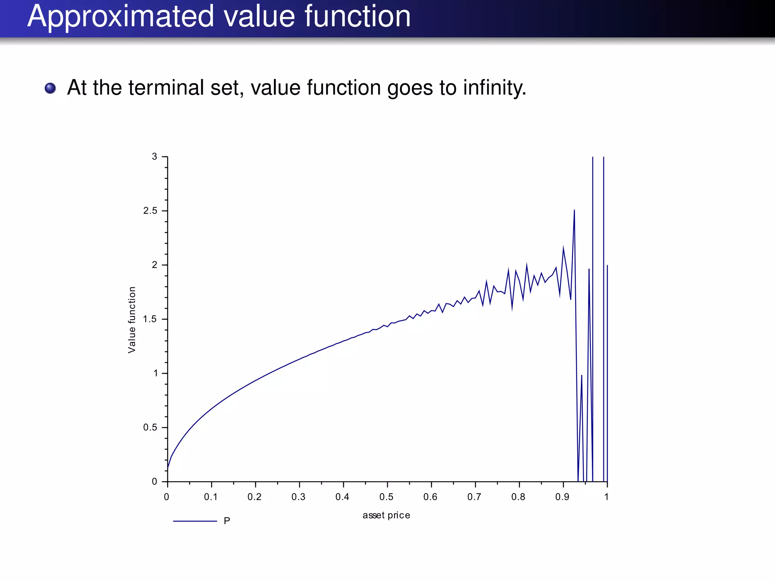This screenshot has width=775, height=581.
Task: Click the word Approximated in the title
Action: coord(120,17)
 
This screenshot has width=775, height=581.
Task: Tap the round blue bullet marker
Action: coord(50,88)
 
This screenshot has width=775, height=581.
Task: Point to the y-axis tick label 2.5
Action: coord(150,211)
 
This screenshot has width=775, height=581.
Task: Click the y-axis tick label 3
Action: coord(154,157)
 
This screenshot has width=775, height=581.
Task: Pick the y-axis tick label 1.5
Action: coord(150,319)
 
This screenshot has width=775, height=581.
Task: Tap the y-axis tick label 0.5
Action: coord(150,427)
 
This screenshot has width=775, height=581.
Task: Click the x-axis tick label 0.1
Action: coord(211,497)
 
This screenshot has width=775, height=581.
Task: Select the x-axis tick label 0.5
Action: coord(386,497)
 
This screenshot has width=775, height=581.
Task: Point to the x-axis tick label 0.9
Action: coord(562,497)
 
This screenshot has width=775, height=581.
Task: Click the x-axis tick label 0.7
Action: coord(474,497)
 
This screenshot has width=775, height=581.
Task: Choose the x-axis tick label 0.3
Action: coord(299,497)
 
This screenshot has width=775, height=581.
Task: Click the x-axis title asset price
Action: coord(386,515)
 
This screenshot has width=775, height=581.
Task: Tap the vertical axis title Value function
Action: coord(132,320)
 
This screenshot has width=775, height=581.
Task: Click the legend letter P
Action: coord(227,521)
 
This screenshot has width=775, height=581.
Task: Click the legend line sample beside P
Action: coord(195,521)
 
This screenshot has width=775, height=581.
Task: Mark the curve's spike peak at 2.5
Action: coord(574,210)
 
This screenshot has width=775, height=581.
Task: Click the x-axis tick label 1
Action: coord(606,497)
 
